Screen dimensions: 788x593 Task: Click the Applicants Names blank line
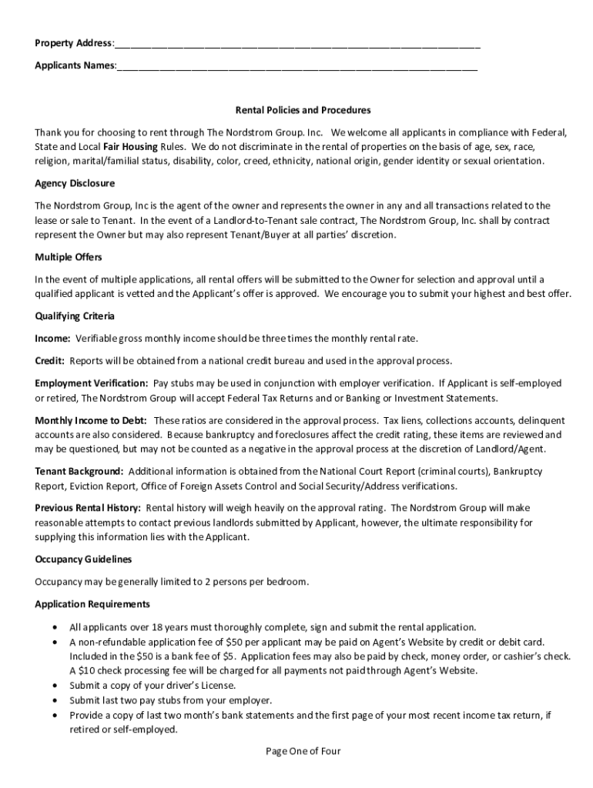tap(296, 66)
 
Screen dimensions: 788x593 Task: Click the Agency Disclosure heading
tap(75, 183)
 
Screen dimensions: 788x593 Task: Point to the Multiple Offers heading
tap(69, 257)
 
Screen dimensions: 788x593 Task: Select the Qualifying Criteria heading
tap(74, 316)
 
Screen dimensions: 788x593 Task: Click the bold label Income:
tap(52, 339)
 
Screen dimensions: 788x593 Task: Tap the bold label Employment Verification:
tap(91, 382)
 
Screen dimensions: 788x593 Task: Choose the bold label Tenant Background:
tap(79, 470)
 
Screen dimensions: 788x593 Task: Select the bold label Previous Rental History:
tap(87, 508)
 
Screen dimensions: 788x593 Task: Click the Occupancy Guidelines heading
tap(83, 559)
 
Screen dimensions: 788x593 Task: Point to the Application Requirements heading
tap(92, 604)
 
